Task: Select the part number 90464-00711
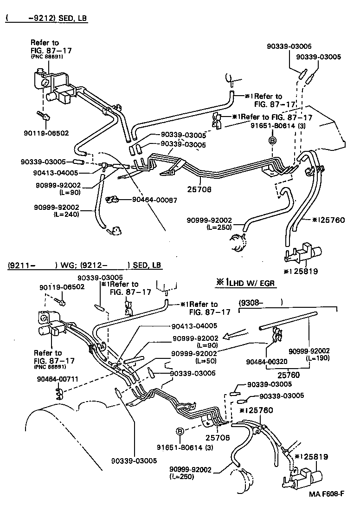tap(55, 379)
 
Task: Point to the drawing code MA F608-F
tap(327, 506)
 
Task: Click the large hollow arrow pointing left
tap(236, 335)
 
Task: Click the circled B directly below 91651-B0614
tap(272, 140)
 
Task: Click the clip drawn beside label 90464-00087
tap(112, 200)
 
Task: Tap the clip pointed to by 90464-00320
tap(277, 332)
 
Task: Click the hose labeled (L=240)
tap(98, 204)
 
